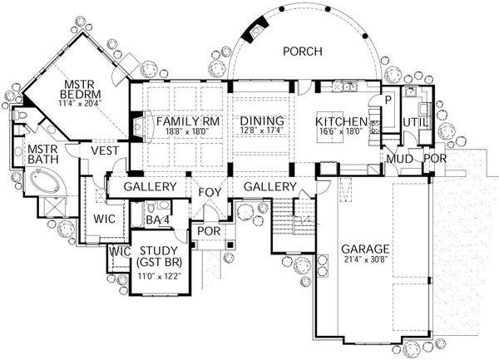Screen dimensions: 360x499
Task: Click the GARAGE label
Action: coord(366,249)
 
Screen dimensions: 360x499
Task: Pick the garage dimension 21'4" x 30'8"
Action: coord(366,261)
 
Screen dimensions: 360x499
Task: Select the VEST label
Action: coord(105,150)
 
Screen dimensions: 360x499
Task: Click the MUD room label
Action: coord(398,158)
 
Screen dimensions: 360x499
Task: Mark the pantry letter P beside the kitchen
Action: coord(387,99)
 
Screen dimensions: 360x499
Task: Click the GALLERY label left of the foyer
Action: coord(151,187)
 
